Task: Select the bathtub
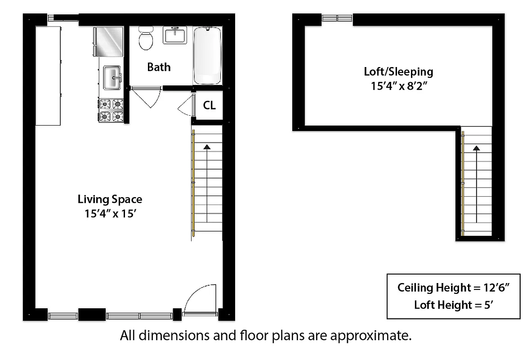click(x=207, y=55)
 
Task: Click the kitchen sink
click(x=112, y=78)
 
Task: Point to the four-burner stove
click(x=111, y=110)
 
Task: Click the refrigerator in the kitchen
click(x=108, y=42)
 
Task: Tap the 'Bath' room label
click(x=159, y=67)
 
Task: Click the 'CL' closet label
click(x=210, y=106)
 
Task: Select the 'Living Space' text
click(x=110, y=199)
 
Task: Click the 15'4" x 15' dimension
click(x=110, y=214)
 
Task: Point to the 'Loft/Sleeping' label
click(x=398, y=72)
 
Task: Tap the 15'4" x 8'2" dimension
click(x=398, y=86)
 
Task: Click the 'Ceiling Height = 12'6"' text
click(x=453, y=288)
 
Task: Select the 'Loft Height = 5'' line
click(x=453, y=305)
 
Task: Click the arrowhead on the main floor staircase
click(x=207, y=146)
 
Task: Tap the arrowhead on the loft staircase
click(x=476, y=147)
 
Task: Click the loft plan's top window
click(x=337, y=18)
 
